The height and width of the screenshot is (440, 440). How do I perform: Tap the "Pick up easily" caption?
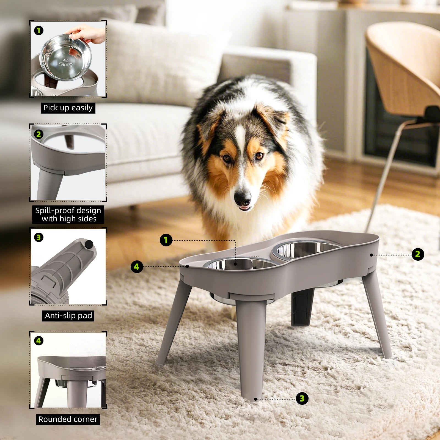pos(68,108)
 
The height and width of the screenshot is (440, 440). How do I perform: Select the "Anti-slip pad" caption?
pos(68,315)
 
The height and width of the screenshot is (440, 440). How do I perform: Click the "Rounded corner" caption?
pos(68,419)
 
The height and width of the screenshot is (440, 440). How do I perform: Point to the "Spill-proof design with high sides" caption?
pos(68,215)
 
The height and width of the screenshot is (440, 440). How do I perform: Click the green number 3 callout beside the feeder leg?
pos(302,398)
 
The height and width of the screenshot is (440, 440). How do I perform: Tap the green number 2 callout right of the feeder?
pos(418,254)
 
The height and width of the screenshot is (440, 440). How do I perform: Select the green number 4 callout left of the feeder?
pos(137,266)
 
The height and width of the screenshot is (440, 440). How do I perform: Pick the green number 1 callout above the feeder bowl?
pos(166,240)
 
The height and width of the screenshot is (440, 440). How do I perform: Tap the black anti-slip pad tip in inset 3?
pos(89,244)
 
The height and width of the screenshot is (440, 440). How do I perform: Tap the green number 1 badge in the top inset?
pos(39,31)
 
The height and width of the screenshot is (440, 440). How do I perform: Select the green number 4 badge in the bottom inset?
pos(39,341)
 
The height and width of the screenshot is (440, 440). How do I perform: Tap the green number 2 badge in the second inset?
pos(39,134)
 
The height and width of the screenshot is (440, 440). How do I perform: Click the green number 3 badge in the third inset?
pos(39,237)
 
